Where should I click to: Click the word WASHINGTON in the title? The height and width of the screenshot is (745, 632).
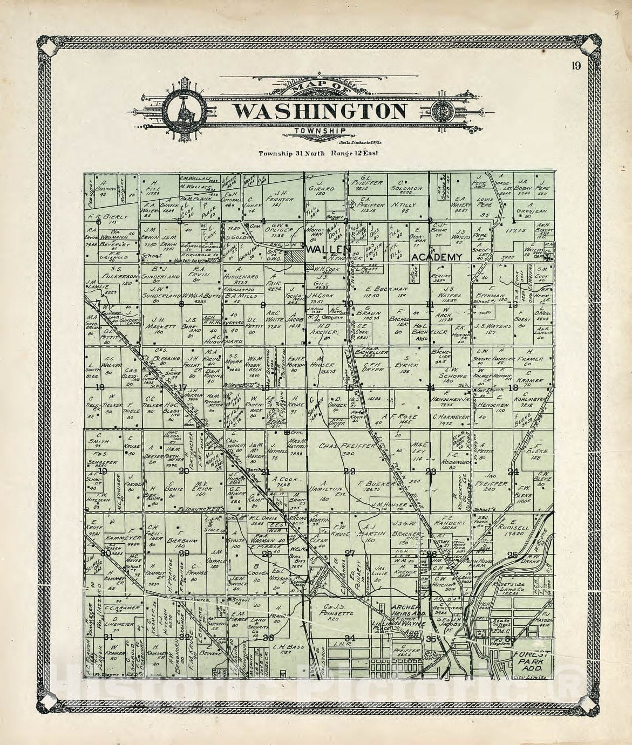point(320,112)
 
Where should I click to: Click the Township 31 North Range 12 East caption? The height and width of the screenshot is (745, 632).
point(318,153)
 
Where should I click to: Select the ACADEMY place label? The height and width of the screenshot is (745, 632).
point(437,257)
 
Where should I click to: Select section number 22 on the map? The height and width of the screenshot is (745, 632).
point(350,471)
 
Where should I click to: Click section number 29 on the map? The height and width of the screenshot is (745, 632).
point(184,553)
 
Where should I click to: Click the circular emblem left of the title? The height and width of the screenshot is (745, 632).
point(184,112)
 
